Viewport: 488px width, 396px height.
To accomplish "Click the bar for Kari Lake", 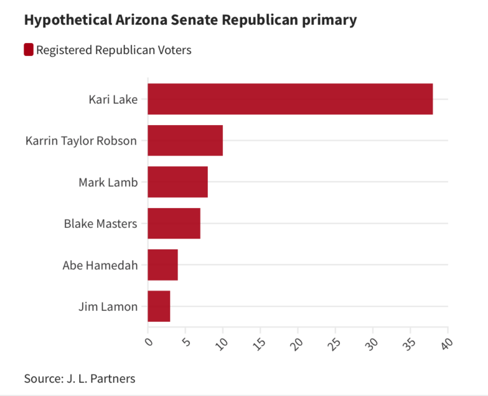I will pyautogui.click(x=290, y=99).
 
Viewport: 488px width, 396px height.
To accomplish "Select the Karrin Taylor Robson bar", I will pyautogui.click(x=185, y=141).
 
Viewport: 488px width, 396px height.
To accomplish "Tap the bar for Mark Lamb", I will pyautogui.click(x=177, y=182).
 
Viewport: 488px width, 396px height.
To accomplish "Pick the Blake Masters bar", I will pyautogui.click(x=173, y=223).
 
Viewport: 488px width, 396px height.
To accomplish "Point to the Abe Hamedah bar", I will pyautogui.click(x=163, y=265).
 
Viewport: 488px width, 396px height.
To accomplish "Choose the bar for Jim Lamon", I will pyautogui.click(x=159, y=306).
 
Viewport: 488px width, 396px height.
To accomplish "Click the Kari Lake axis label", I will pyautogui.click(x=113, y=100).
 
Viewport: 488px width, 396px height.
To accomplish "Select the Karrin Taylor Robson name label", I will pyautogui.click(x=81, y=141).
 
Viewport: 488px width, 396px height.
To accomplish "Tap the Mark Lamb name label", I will pyautogui.click(x=108, y=182).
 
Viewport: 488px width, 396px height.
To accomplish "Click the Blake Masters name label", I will pyautogui.click(x=100, y=223).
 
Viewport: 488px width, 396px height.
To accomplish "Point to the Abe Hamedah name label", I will pyautogui.click(x=100, y=265).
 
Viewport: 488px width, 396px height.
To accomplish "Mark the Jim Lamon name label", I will pyautogui.click(x=108, y=307).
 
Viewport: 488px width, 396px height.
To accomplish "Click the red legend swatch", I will pyautogui.click(x=29, y=49).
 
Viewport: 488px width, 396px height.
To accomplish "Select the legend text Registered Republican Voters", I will pyautogui.click(x=114, y=50).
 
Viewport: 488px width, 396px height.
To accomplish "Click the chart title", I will pyautogui.click(x=190, y=20).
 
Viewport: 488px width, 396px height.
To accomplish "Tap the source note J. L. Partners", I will pyautogui.click(x=79, y=378).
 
